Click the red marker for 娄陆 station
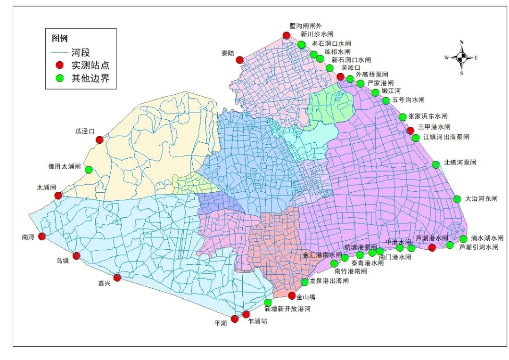click(x=239, y=60)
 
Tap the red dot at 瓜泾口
click(x=99, y=139)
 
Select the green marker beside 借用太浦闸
click(x=89, y=170)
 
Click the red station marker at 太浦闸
click(x=58, y=196)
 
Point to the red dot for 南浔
click(x=42, y=237)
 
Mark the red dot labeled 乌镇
click(x=76, y=256)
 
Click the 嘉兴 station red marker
click(x=117, y=278)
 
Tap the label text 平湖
click(x=220, y=323)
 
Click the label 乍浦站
click(x=258, y=321)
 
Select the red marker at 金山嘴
click(x=292, y=295)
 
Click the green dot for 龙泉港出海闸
click(x=305, y=282)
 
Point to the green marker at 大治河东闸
click(x=457, y=199)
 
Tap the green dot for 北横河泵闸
click(x=436, y=164)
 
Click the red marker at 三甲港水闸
click(x=410, y=131)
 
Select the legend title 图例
click(x=60, y=39)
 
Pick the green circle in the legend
click(x=59, y=78)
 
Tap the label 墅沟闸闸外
click(x=305, y=26)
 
